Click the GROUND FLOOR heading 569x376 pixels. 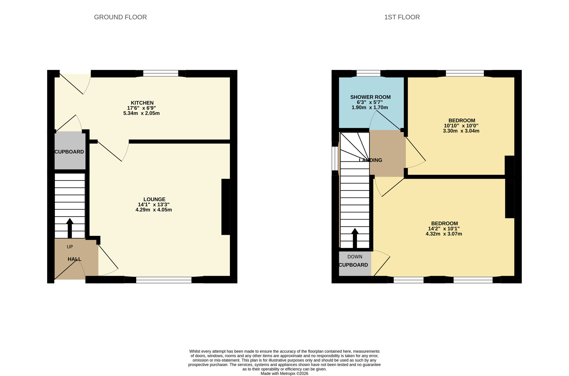tap(120, 17)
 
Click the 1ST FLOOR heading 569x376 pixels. tap(402, 17)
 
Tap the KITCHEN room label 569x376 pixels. tap(142, 103)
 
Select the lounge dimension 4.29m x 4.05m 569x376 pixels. tap(154, 210)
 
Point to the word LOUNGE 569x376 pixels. tap(154, 199)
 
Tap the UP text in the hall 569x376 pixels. tap(70, 247)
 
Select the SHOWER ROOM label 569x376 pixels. tap(370, 97)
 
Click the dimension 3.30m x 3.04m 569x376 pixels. tap(461, 131)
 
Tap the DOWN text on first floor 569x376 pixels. tap(355, 257)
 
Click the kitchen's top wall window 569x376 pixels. tap(161, 73)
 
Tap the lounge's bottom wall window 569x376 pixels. tap(164, 280)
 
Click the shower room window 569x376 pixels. tap(368, 73)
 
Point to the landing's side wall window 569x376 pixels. tap(335, 158)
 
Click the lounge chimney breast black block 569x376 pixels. tap(225, 207)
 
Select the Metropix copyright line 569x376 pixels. tap(284, 373)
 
